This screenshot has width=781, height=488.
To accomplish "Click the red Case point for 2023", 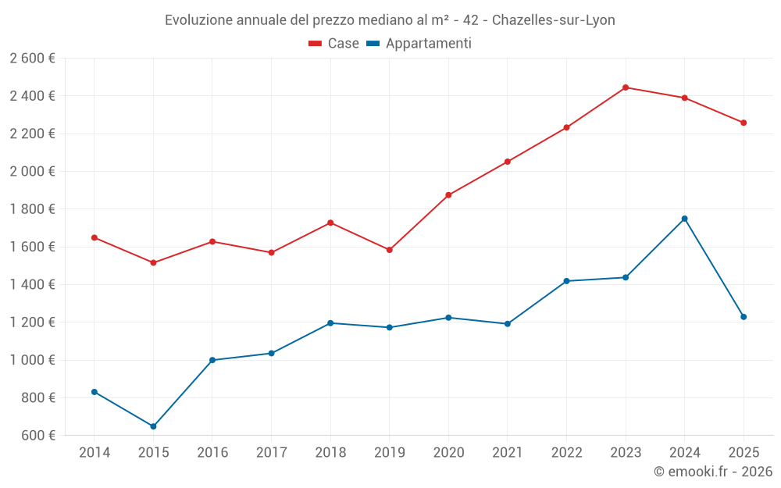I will click(x=626, y=87).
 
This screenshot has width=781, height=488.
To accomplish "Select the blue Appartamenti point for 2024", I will click(x=684, y=219).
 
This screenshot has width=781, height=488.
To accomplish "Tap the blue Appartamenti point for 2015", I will click(x=153, y=426).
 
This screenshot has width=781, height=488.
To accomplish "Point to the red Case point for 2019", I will click(x=390, y=250).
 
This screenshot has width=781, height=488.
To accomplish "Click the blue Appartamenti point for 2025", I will click(x=744, y=317).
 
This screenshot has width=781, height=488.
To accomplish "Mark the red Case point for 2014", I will click(x=95, y=237).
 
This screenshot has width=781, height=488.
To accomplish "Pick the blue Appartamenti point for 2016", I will click(x=212, y=360).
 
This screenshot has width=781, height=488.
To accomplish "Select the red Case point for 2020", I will click(x=448, y=195).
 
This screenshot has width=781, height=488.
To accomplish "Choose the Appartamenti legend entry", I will click(x=419, y=44).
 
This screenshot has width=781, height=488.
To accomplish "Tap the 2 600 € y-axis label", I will click(x=33, y=59).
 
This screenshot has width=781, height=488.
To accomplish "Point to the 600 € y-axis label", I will click(x=37, y=436).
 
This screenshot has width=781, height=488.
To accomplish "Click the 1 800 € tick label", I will click(x=33, y=209).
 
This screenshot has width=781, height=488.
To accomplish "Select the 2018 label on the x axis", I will click(x=330, y=453).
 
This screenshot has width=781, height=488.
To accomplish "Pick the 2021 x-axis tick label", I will click(x=508, y=453).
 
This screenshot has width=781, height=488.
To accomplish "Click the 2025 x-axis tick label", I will click(x=744, y=453).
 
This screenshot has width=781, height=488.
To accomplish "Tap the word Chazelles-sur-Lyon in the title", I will click(x=553, y=20).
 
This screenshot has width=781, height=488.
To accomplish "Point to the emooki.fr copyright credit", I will click(x=712, y=472).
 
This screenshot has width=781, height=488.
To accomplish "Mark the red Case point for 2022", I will click(x=566, y=127).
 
